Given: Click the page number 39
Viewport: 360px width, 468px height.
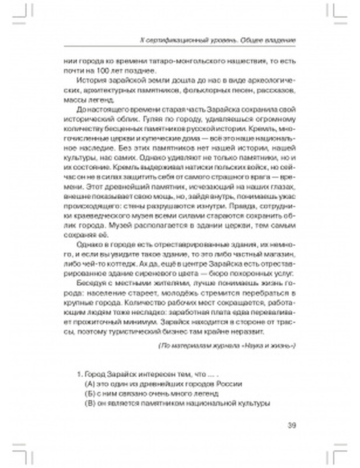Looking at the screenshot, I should coord(292,425).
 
